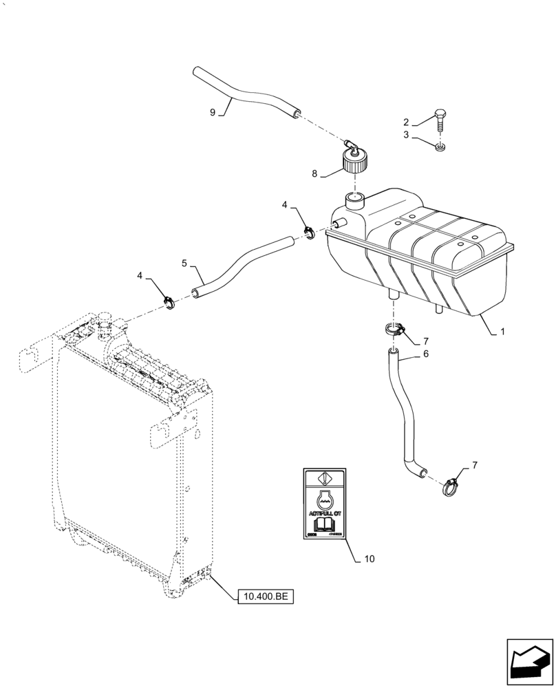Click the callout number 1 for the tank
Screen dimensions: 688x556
click(502, 331)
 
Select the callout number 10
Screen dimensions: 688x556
click(370, 559)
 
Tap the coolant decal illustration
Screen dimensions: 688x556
click(325, 504)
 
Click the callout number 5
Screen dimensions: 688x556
click(184, 263)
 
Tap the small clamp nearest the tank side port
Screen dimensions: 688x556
click(310, 233)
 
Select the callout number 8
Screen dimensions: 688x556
click(315, 174)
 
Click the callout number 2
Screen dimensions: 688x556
click(407, 122)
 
